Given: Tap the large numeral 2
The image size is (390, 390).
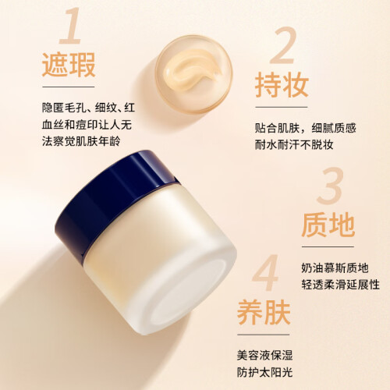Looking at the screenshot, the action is (283, 45).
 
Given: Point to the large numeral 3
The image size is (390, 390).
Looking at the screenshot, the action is (330, 186).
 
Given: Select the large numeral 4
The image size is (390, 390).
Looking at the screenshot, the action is (265, 272).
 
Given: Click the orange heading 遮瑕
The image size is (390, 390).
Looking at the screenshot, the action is (69, 65).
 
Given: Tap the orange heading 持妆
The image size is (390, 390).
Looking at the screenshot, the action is (282, 85).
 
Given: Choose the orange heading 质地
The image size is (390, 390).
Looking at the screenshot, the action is (328, 225).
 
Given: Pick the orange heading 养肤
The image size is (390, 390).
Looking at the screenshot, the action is (264, 312).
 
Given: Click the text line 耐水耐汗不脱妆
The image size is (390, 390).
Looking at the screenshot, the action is (294, 144).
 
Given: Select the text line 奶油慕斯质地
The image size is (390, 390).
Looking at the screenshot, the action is (335, 268).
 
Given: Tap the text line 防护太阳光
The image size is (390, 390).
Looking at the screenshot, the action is (264, 372).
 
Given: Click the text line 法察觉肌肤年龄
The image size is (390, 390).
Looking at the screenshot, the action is (81, 141).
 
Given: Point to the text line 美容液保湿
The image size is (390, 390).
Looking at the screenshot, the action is (264, 355).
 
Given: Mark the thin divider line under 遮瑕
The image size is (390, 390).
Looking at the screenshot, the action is (69, 87).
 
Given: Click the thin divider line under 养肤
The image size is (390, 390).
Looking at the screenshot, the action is (264, 335).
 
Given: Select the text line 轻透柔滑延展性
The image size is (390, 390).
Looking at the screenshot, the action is (341, 285).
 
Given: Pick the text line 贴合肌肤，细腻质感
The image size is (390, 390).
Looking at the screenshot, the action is (305, 128).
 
